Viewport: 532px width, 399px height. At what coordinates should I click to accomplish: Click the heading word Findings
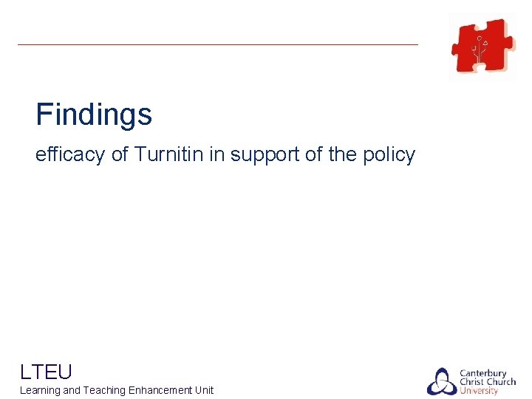pyautogui.click(x=94, y=115)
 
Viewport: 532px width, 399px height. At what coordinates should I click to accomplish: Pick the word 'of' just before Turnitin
pyautogui.click(x=120, y=155)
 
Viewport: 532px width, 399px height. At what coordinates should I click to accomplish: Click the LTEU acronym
pyautogui.click(x=46, y=371)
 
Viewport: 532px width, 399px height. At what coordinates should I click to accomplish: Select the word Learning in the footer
pyautogui.click(x=40, y=390)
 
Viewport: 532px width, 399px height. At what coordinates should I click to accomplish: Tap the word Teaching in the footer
pyautogui.click(x=104, y=390)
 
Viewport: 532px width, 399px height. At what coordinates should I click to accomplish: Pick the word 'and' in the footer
pyautogui.click(x=72, y=390)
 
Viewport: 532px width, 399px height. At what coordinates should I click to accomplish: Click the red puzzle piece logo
pyautogui.click(x=483, y=46)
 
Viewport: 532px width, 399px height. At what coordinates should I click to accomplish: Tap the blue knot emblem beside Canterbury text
pyautogui.click(x=441, y=381)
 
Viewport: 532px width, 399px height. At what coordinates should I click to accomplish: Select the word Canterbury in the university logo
pyautogui.click(x=483, y=373)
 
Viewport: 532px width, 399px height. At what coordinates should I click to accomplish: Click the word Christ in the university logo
pyautogui.click(x=472, y=382)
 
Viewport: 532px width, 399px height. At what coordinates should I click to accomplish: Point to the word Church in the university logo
pyautogui.click(x=501, y=382)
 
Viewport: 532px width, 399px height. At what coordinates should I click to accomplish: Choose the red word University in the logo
pyautogui.click(x=479, y=391)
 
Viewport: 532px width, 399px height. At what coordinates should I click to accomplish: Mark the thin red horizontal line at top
pyautogui.click(x=218, y=44)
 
